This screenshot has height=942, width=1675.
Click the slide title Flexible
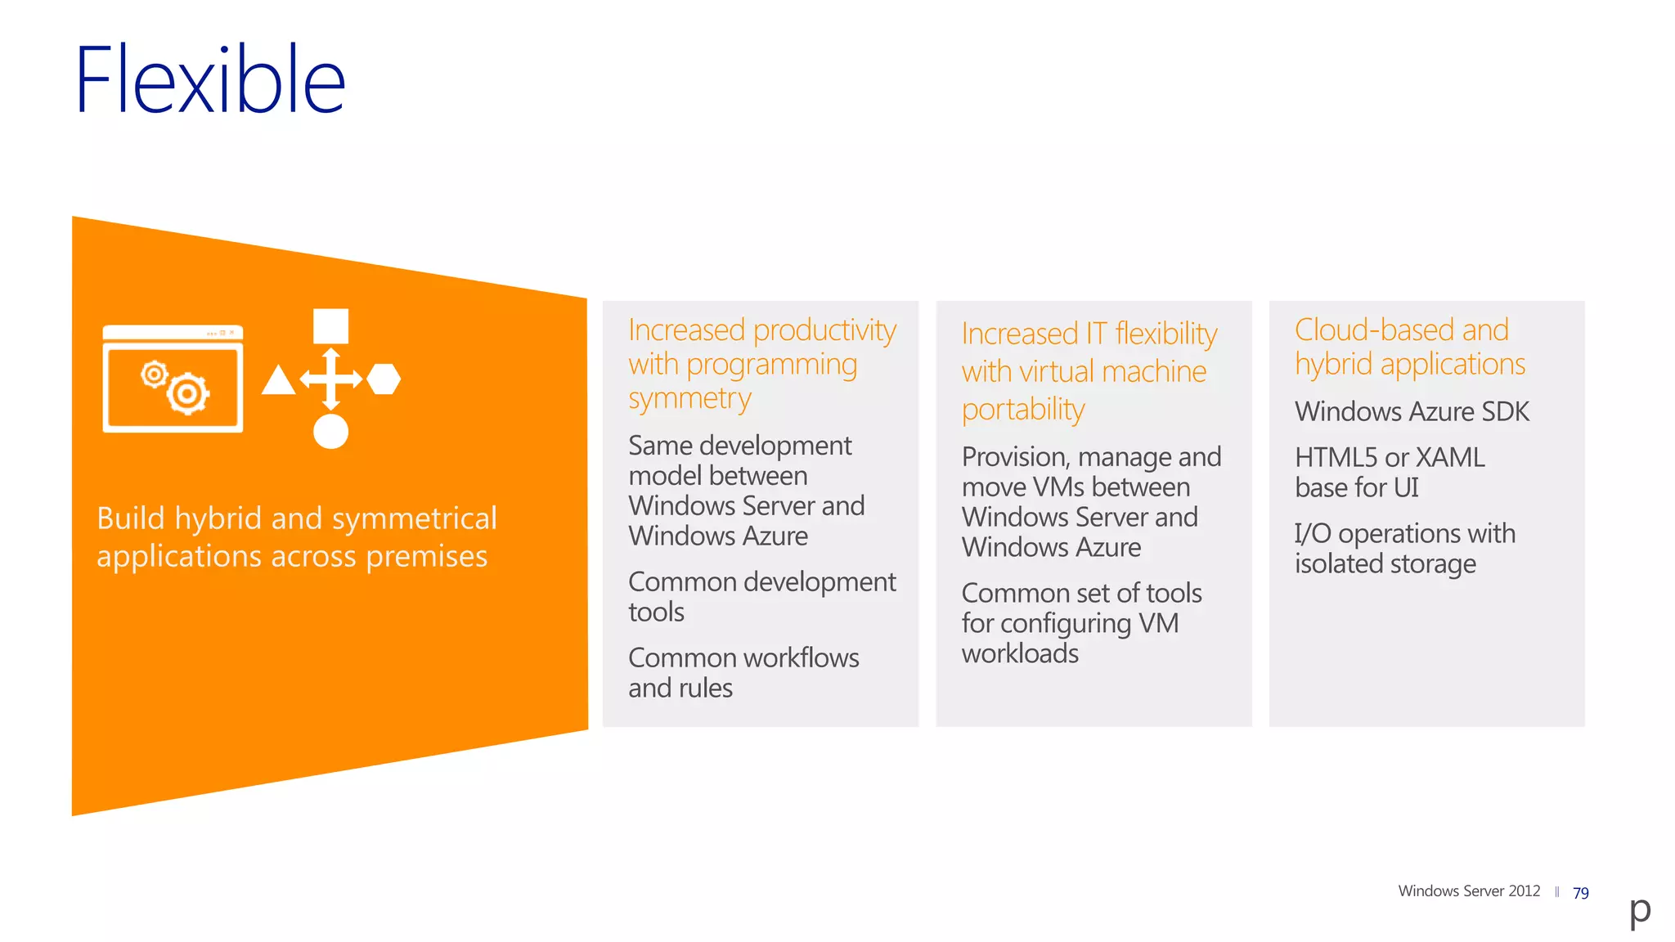point(210,79)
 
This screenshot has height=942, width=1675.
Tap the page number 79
point(1580,893)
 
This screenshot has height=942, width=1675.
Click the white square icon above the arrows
point(330,326)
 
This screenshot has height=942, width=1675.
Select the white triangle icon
point(278,381)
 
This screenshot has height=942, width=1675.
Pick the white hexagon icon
point(384,379)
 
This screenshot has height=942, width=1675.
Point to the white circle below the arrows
point(330,431)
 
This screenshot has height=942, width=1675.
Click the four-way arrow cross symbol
point(330,379)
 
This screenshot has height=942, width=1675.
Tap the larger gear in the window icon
point(188,395)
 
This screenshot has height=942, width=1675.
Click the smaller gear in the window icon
point(154,375)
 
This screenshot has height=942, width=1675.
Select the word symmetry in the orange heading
point(689,399)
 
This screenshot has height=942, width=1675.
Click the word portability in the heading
point(1022,409)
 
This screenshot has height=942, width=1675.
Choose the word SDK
point(1503,411)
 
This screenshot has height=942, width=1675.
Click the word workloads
point(1019,653)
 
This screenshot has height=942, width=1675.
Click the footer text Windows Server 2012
point(1468,891)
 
